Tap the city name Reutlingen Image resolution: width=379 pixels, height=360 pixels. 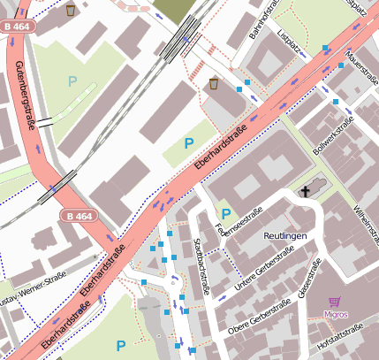pos(284,237)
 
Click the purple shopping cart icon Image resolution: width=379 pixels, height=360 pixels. pos(334,302)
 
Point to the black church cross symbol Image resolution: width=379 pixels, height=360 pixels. pos(307,191)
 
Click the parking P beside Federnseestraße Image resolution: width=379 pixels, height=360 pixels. pos(226,214)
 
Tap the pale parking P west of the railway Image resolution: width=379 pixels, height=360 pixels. pos(72,81)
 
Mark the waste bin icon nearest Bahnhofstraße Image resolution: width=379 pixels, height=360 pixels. pos(215,84)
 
